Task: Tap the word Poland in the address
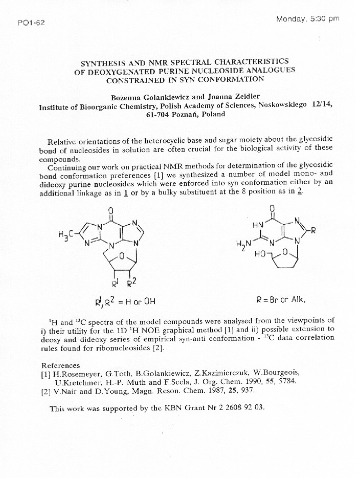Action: click(x=213, y=114)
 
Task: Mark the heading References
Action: click(x=60, y=365)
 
